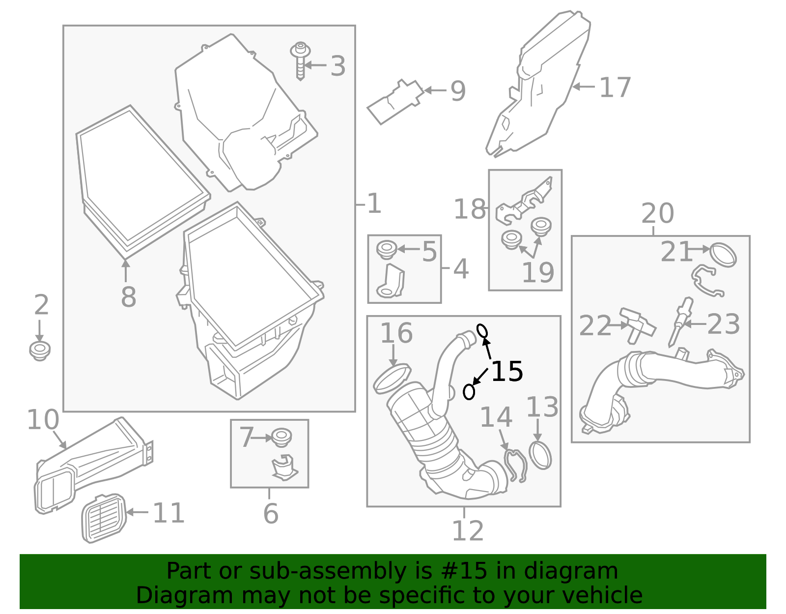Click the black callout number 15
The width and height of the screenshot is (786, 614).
507,372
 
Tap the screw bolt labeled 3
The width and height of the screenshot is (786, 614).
300,61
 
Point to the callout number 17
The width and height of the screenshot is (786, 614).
615,88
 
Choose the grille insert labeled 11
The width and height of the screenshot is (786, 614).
103,518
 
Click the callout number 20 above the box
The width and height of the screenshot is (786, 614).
657,214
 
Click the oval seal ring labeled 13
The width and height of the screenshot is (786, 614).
540,455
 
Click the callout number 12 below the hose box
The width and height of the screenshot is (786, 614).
467,531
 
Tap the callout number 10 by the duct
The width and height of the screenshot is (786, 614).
43,420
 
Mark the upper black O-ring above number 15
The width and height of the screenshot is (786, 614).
482,331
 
